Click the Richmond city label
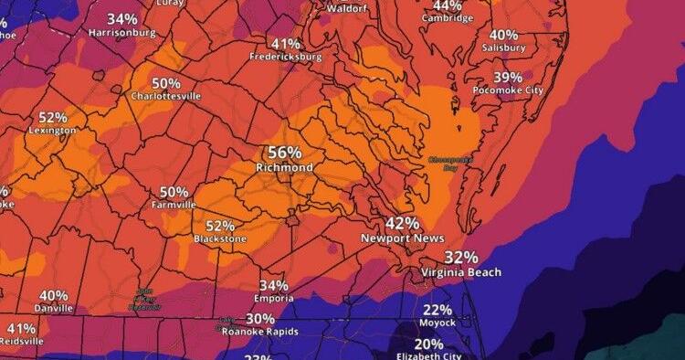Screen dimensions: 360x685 pos(285,168)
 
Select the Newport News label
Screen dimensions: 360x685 pos(402,238)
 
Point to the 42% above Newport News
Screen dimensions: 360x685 pos(402,223)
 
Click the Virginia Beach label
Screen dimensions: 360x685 pos(461,272)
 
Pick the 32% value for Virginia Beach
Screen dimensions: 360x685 pos(461,258)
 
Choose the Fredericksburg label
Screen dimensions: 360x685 pos(286,57)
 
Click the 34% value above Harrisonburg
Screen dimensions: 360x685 pos(122,18)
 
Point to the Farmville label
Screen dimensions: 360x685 pos(174,206)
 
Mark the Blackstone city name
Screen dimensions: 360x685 pos(220,238)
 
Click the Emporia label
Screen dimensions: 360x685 pos(275,299)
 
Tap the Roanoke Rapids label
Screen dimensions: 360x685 pos(260,332)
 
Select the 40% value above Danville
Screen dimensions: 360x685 pos(53,295)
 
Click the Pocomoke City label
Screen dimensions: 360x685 pos(508,90)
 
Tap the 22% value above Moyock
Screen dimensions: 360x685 pos(437,310)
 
